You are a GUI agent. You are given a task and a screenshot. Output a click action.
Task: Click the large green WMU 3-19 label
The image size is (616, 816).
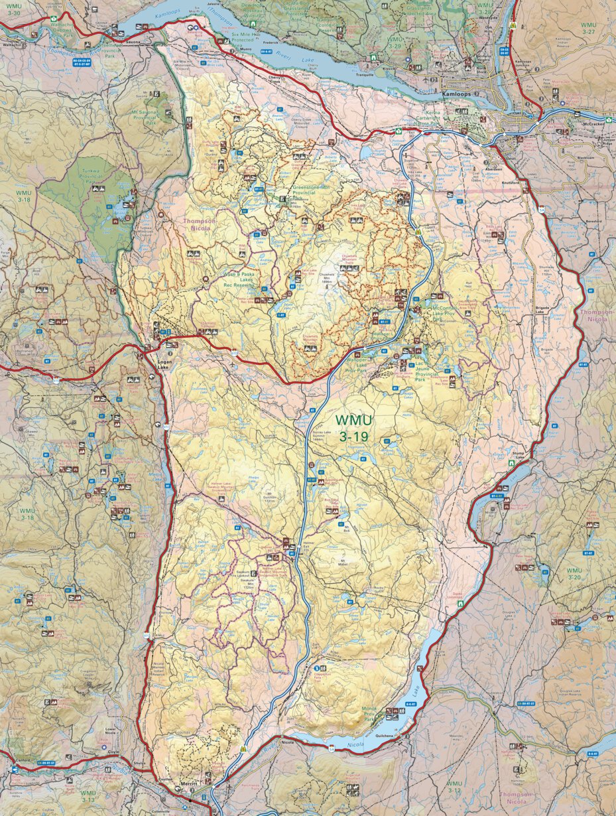353,429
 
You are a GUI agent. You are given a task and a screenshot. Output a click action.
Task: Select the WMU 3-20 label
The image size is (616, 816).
574,574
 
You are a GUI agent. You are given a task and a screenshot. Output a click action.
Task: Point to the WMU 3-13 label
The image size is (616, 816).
88,796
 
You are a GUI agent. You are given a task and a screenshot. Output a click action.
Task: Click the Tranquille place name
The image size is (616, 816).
367,74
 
